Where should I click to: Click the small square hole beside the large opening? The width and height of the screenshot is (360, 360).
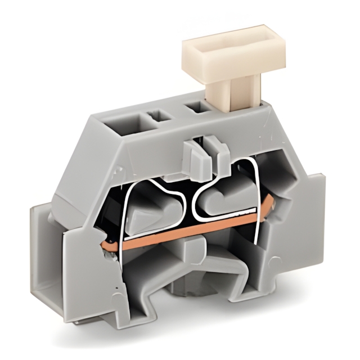pos(159,116)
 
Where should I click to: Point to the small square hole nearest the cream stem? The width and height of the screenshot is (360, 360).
pos(197,107)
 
